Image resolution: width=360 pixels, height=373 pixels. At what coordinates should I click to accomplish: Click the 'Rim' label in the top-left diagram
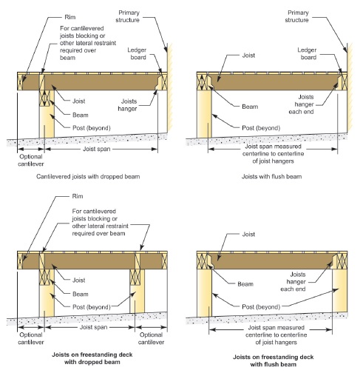click(70, 17)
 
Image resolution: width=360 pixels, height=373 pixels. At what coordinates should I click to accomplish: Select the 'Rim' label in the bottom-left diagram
click(78, 196)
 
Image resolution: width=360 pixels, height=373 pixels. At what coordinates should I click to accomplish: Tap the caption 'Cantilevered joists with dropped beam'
click(88, 177)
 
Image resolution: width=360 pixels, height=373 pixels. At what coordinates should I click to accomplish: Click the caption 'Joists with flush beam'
click(271, 177)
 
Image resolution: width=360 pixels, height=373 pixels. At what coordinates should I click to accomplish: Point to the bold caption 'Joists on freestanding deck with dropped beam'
click(92, 358)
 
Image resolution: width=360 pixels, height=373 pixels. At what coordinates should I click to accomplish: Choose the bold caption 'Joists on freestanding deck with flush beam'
click(274, 360)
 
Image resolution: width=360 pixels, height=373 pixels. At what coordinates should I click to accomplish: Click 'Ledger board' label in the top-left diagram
click(137, 53)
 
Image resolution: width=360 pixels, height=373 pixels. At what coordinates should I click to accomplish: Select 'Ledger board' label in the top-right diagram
click(307, 53)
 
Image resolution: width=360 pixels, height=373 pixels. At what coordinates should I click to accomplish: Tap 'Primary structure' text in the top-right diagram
click(297, 16)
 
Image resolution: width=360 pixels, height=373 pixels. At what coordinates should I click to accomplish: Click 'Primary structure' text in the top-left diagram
click(128, 16)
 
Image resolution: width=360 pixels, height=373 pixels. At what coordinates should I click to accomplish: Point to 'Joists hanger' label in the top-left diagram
click(127, 105)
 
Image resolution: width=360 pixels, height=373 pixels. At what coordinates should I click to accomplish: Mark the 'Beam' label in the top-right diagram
click(250, 107)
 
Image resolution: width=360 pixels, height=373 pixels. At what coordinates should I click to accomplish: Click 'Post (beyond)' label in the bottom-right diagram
click(261, 307)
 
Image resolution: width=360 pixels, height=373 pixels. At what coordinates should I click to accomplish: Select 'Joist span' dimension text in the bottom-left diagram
click(93, 327)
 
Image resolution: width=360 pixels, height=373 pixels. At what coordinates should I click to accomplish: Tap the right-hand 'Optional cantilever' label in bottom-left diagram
click(151, 338)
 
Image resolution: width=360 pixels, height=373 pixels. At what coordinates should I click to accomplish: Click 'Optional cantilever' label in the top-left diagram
click(31, 160)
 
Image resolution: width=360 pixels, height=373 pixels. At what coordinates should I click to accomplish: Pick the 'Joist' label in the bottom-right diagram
click(248, 234)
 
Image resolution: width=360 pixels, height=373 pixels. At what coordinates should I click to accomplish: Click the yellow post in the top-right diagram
click(204, 114)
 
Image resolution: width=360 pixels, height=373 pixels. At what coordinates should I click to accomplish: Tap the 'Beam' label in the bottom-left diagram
click(81, 294)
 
